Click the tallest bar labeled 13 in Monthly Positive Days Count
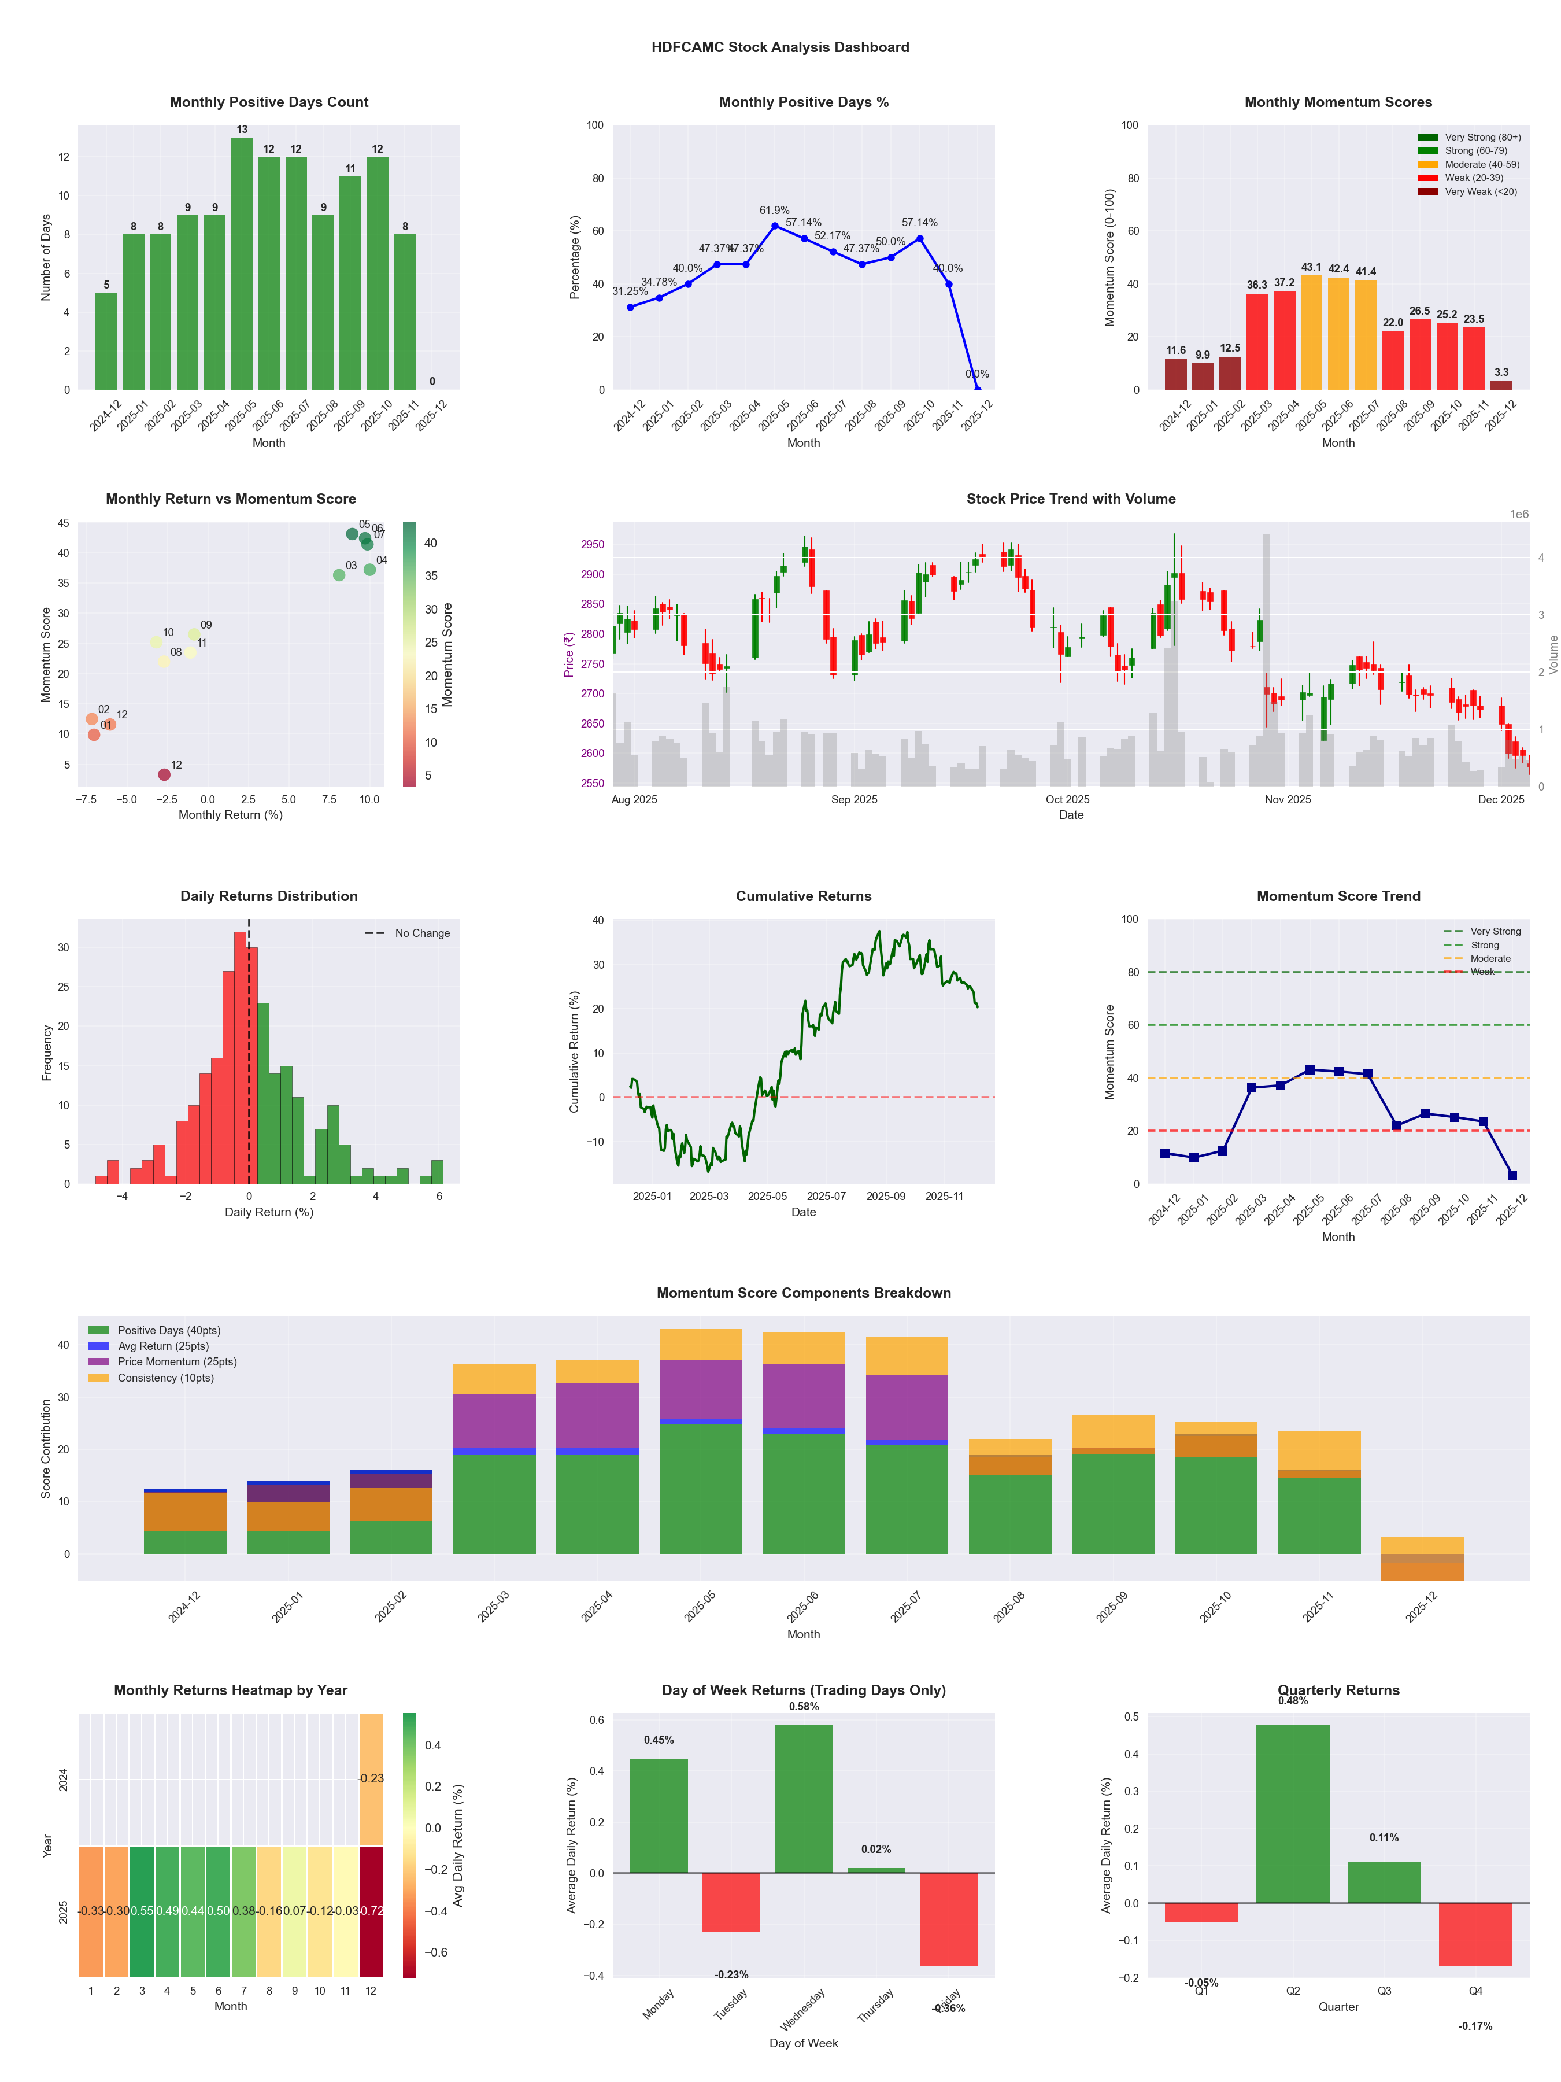pyautogui.click(x=242, y=264)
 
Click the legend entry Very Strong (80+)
pyautogui.click(x=1482, y=138)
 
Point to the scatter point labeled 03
pyautogui.click(x=339, y=575)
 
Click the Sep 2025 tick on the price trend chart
pyautogui.click(x=853, y=800)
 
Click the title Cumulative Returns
pyautogui.click(x=804, y=896)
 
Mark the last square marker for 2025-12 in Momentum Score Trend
pyautogui.click(x=1512, y=1175)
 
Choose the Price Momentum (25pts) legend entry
pyautogui.click(x=177, y=1362)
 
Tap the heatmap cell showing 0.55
pyautogui.click(x=142, y=1911)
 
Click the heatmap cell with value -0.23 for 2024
pyautogui.click(x=371, y=1779)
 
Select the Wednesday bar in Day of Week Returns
pyautogui.click(x=804, y=1799)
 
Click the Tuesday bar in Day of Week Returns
pyautogui.click(x=731, y=1902)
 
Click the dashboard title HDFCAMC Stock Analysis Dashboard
pyautogui.click(x=780, y=47)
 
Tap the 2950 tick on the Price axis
pyautogui.click(x=593, y=545)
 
